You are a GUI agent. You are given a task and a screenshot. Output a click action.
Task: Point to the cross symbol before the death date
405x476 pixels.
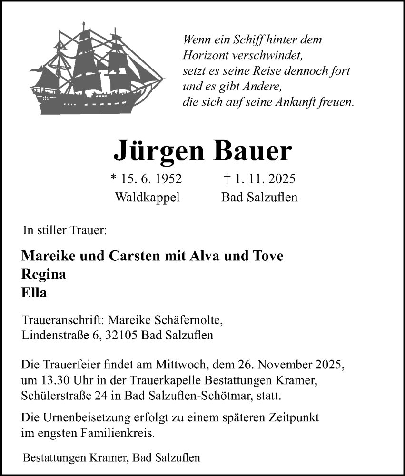click(227, 178)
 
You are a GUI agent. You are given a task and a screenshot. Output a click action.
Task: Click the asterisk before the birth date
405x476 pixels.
click(113, 178)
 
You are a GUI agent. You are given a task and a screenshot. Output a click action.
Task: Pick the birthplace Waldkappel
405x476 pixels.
click(147, 197)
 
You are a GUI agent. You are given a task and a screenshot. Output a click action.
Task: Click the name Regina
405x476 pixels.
click(44, 275)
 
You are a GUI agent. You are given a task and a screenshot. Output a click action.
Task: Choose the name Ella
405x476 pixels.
click(34, 293)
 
